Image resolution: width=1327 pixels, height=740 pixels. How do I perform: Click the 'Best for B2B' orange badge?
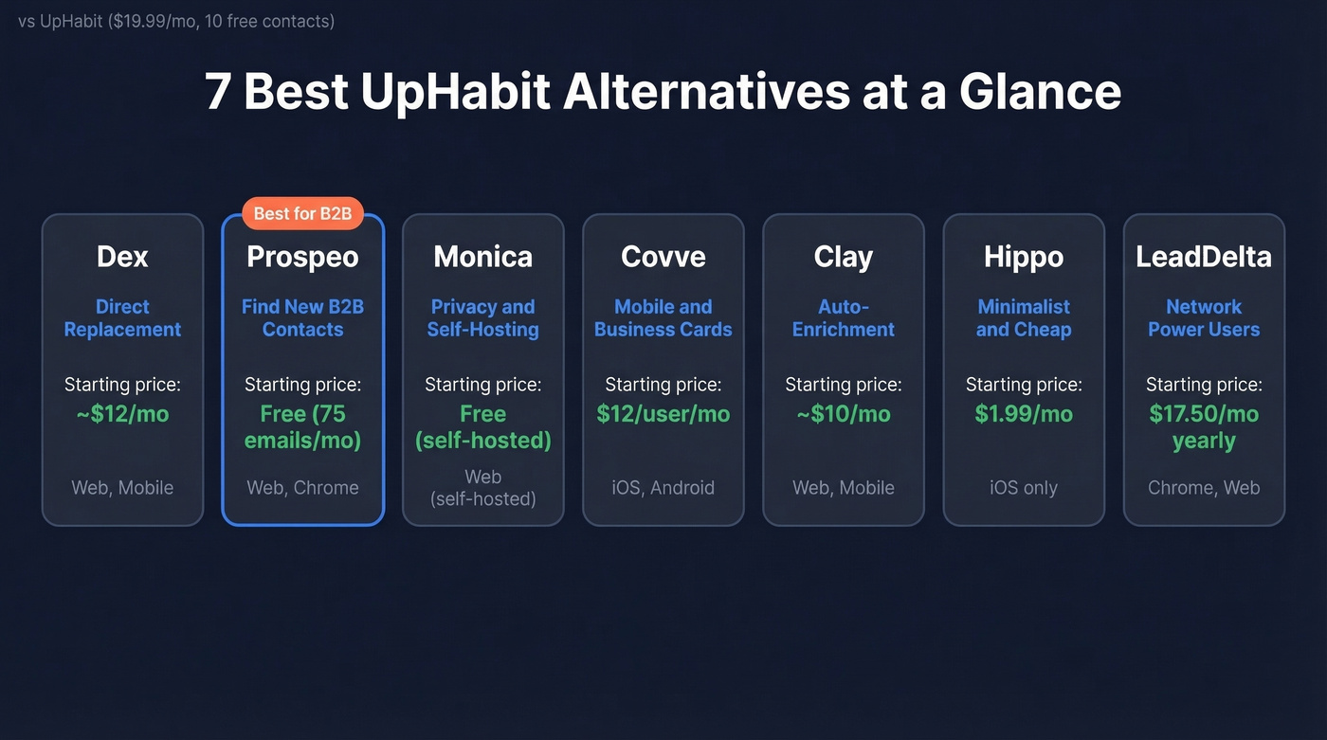pos(302,213)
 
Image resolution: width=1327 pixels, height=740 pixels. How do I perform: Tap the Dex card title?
pos(122,257)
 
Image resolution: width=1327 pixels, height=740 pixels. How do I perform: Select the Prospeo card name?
pos(302,257)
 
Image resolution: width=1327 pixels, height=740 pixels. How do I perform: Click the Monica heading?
pos(482,257)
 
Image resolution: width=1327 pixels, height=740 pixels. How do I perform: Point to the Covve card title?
pos(663,257)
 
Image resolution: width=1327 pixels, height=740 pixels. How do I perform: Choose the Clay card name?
pos(843,257)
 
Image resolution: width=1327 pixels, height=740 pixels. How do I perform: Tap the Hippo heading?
pos(1024,257)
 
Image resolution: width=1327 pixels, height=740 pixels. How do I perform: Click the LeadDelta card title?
pos(1204,257)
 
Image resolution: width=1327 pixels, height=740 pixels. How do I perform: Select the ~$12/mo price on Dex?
pos(122,414)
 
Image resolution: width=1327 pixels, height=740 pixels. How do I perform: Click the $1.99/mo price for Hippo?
pos(1024,414)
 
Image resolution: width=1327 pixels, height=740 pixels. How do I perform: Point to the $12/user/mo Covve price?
pos(663,414)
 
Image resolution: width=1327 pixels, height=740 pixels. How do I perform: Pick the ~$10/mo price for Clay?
pos(843,414)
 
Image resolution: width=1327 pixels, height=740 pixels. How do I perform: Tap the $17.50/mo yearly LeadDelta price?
pos(1204,427)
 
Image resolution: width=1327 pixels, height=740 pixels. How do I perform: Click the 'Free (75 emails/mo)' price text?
pos(302,427)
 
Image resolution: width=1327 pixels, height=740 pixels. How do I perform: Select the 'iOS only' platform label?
pos(1024,488)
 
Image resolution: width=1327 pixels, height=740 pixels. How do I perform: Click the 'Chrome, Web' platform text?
pos(1204,488)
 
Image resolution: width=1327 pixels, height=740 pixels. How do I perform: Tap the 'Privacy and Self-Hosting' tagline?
pos(482,318)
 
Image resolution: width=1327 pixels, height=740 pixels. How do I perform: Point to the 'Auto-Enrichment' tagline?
pos(843,318)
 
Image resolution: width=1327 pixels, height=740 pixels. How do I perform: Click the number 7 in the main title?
pos(218,92)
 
